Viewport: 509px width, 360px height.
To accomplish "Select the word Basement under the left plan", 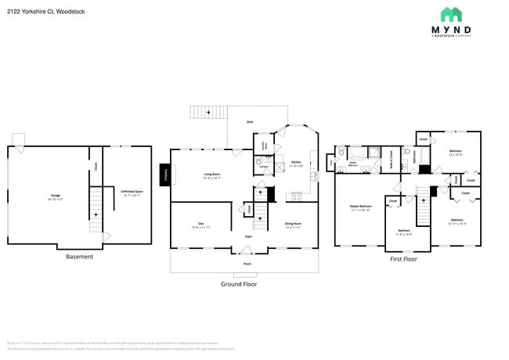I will tap(79, 257).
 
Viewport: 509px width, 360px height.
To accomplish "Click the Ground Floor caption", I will tap(239, 283).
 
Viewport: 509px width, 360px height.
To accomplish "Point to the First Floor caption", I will tap(404, 259).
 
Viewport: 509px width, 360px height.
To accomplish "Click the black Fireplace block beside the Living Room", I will tap(166, 175).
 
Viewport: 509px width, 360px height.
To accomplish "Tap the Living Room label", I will tap(212, 176).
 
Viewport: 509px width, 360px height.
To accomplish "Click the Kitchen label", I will tap(296, 163).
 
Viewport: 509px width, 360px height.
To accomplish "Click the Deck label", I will tap(250, 122).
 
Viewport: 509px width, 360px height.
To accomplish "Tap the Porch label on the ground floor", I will tap(247, 264).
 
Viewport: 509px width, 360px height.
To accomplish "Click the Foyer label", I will tap(247, 236).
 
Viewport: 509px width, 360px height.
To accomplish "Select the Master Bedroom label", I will tap(359, 207).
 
